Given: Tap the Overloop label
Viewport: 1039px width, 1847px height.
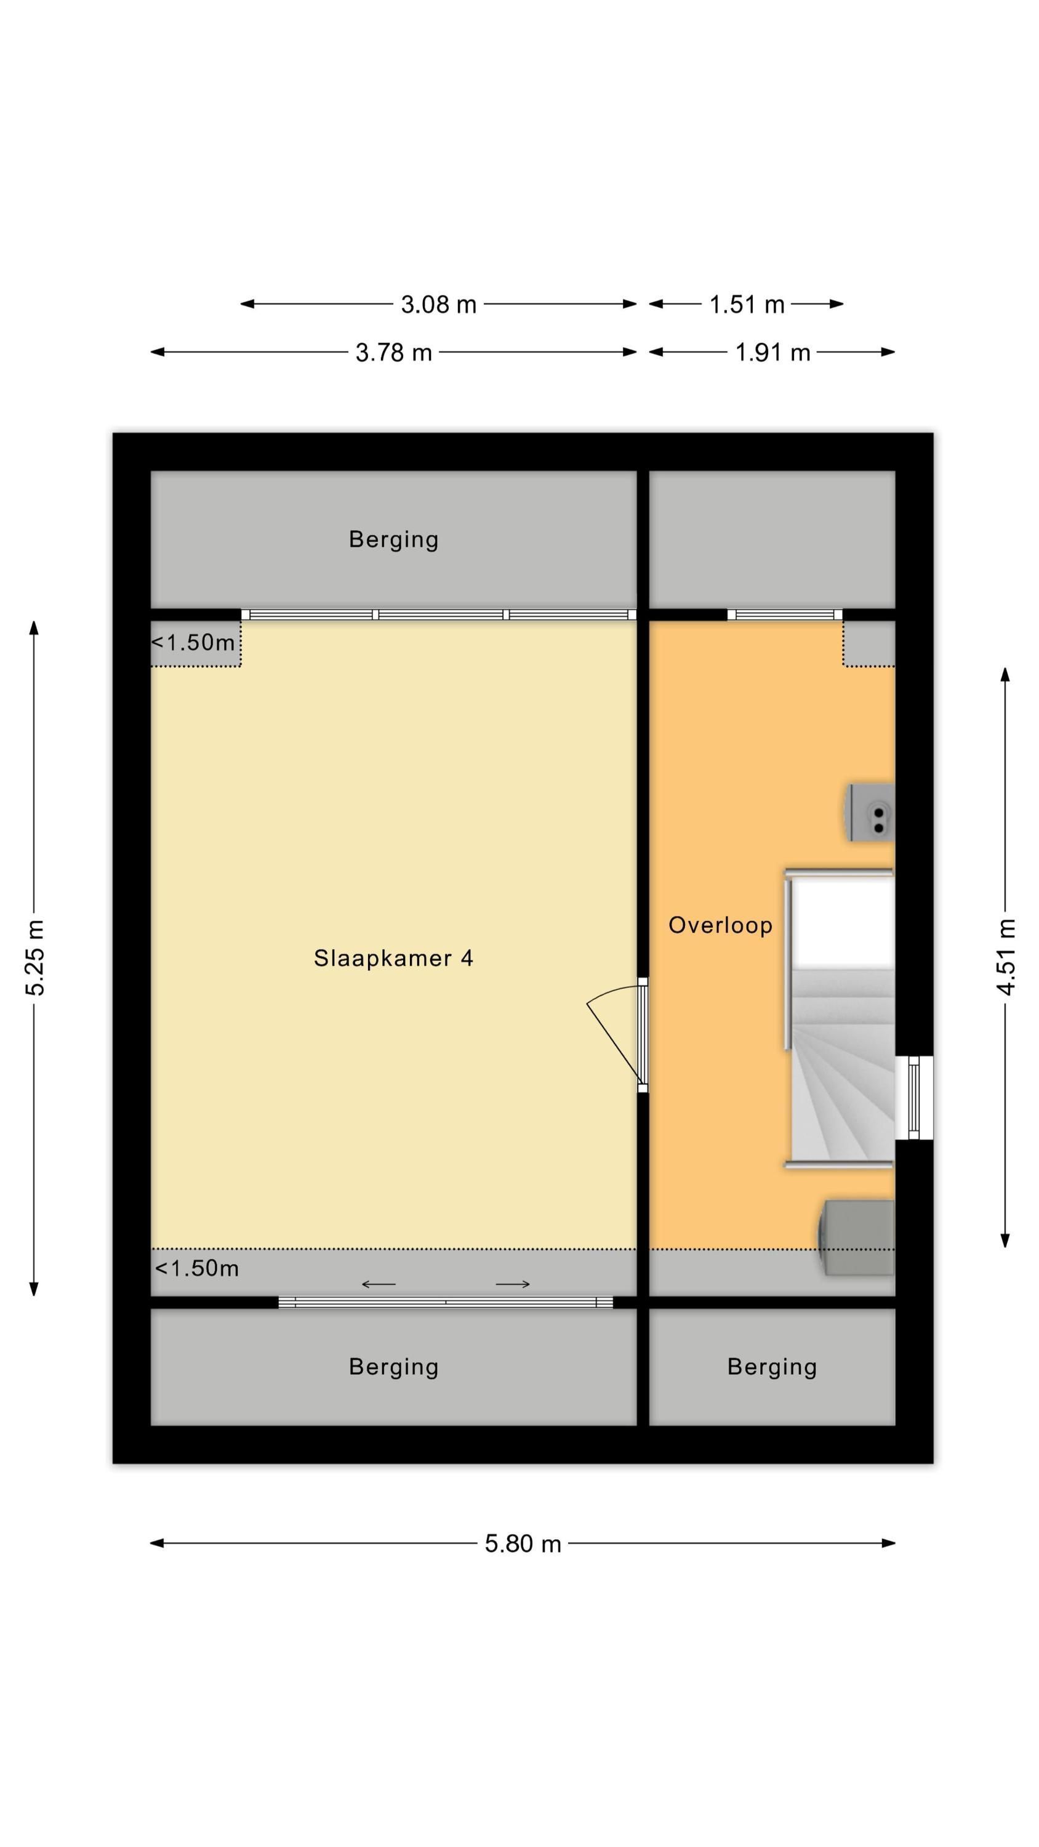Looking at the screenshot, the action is (x=720, y=925).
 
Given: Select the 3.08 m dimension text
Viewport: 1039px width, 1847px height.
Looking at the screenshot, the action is (x=438, y=305).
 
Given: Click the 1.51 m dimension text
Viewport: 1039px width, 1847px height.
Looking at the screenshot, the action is (x=747, y=305).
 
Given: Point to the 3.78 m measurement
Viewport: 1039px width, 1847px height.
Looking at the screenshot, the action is (x=394, y=353).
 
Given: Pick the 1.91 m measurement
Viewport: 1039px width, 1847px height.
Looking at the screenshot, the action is (x=772, y=353).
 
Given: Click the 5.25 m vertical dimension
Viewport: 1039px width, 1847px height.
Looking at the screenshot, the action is (x=34, y=957).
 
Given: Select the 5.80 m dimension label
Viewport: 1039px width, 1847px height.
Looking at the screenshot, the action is (x=523, y=1543).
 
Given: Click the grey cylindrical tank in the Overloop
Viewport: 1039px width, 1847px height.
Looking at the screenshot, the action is (x=857, y=1237).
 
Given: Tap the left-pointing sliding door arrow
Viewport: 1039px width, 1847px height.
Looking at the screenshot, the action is (x=379, y=1284).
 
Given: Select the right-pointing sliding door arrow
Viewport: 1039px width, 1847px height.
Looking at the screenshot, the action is (x=513, y=1284).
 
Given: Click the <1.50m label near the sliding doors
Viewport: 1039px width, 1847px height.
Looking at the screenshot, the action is (x=196, y=1268).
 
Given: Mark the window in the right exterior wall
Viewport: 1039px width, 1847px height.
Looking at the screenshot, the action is (x=913, y=1098).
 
